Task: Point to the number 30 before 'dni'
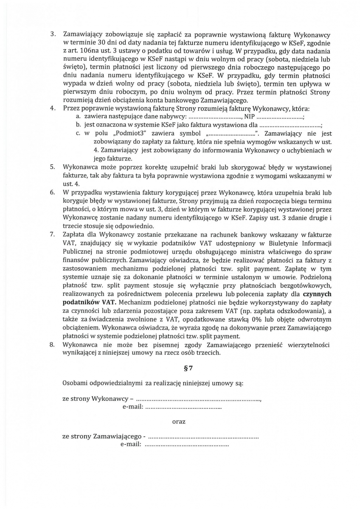[x=102, y=43]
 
